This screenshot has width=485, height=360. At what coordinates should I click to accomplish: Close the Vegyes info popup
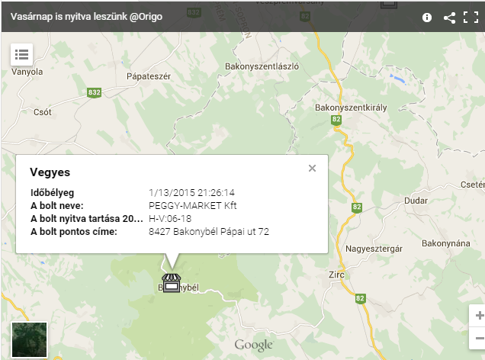coord(312,169)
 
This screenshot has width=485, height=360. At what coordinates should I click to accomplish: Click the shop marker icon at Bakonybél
coord(171,283)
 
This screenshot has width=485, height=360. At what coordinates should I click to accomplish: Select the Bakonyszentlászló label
coord(262,66)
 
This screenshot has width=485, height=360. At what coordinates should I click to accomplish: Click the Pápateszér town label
coord(149,76)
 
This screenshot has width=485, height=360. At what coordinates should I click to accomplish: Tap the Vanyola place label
coord(27,72)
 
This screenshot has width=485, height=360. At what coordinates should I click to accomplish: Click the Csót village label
coord(43,111)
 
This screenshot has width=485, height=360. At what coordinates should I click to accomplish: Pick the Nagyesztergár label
coord(373,248)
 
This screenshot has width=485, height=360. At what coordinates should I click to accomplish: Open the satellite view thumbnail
coord(30,339)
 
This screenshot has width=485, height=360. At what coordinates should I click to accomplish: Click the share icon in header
coord(449,17)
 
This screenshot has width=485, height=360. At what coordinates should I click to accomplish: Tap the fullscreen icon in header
coord(470,17)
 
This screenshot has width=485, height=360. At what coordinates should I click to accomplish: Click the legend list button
coord(21,54)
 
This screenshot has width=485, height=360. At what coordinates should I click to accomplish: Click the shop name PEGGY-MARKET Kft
coord(193,206)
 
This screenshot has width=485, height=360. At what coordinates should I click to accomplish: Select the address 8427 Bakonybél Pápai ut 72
coord(209,231)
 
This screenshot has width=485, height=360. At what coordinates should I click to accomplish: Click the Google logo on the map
coord(253,346)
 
